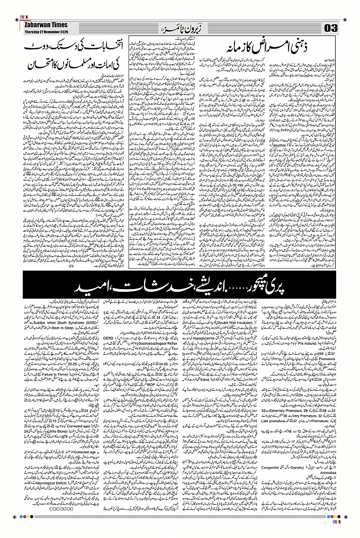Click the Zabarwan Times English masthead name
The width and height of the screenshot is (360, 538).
(42, 24)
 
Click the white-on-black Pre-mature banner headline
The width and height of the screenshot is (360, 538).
(180, 289)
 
